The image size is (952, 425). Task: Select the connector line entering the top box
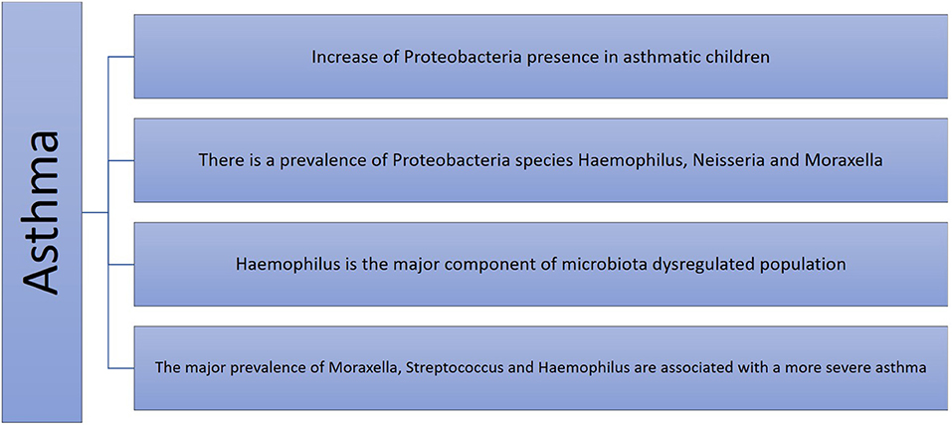coord(120,57)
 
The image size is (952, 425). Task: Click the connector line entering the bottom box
coord(120,368)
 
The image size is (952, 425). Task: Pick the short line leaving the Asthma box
coord(95,213)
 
